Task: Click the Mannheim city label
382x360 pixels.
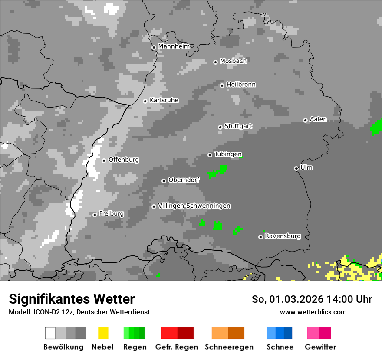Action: pyautogui.click(x=174, y=46)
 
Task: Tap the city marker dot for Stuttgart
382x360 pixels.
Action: pyautogui.click(x=220, y=127)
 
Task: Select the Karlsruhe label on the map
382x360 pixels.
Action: pyautogui.click(x=164, y=100)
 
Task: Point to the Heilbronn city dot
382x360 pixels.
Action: pyautogui.click(x=222, y=85)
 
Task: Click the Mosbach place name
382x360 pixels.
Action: pyautogui.click(x=233, y=61)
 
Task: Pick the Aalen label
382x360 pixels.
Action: pyautogui.click(x=318, y=119)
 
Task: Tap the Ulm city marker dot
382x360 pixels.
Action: pyautogui.click(x=296, y=168)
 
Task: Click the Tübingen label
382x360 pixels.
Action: pyautogui.click(x=228, y=154)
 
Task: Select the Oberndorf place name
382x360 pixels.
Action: pyautogui.click(x=184, y=180)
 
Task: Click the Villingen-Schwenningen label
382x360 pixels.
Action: pyautogui.click(x=194, y=206)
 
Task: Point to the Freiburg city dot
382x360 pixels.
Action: pyautogui.click(x=95, y=215)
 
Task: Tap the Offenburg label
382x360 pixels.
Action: pyautogui.click(x=124, y=160)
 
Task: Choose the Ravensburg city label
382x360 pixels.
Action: pyautogui.click(x=283, y=236)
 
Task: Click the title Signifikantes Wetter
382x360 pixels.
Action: pyautogui.click(x=72, y=299)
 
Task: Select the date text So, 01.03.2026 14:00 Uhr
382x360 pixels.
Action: pyautogui.click(x=312, y=299)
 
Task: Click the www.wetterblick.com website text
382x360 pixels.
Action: pyautogui.click(x=313, y=312)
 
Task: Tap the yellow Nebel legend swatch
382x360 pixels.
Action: pyautogui.click(x=103, y=333)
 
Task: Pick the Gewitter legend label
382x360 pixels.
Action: pyautogui.click(x=320, y=347)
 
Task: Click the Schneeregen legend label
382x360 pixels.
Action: pyautogui.click(x=229, y=347)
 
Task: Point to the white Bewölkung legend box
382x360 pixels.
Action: pyautogui.click(x=50, y=333)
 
